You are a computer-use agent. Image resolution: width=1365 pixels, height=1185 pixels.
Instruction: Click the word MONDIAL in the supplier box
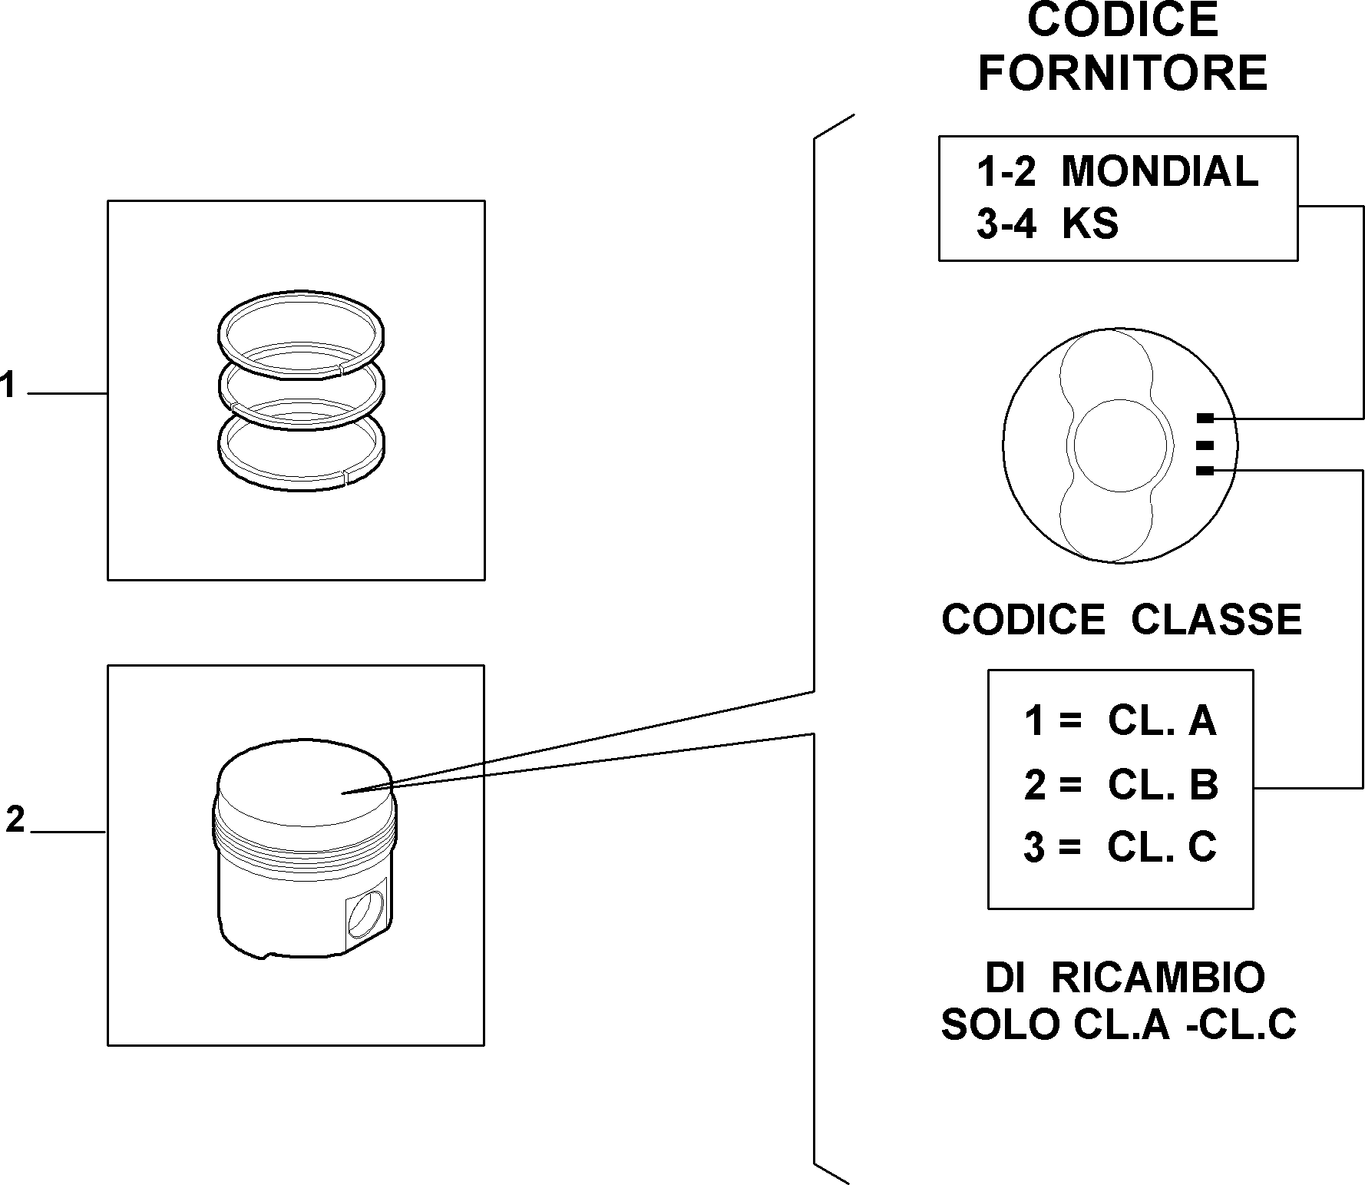pos(1159,171)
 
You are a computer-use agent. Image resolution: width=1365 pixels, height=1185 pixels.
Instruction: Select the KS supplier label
pos(1090,224)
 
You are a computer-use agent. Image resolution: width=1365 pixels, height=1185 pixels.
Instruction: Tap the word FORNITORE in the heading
pos(1122,73)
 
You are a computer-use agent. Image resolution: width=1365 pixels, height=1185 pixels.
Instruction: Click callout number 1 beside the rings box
pos(8,384)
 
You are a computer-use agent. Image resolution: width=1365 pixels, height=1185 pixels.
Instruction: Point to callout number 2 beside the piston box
pos(15,820)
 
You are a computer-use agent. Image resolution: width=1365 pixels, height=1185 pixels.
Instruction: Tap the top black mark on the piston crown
pos(1205,419)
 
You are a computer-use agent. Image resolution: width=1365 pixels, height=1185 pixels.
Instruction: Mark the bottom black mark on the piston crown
pos(1205,471)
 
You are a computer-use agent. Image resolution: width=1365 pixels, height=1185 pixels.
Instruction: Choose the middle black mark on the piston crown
pos(1205,445)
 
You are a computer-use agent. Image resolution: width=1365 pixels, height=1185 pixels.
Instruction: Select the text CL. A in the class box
pos(1162,721)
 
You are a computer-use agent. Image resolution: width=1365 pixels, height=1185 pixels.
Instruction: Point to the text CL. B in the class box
pos(1162,785)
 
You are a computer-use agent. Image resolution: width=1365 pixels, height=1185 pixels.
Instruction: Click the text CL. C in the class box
pos(1162,847)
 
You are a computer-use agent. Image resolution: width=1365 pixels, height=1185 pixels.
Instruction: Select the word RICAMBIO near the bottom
pos(1158,978)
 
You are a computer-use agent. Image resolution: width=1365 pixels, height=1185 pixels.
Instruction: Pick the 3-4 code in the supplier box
pos(1006,225)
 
